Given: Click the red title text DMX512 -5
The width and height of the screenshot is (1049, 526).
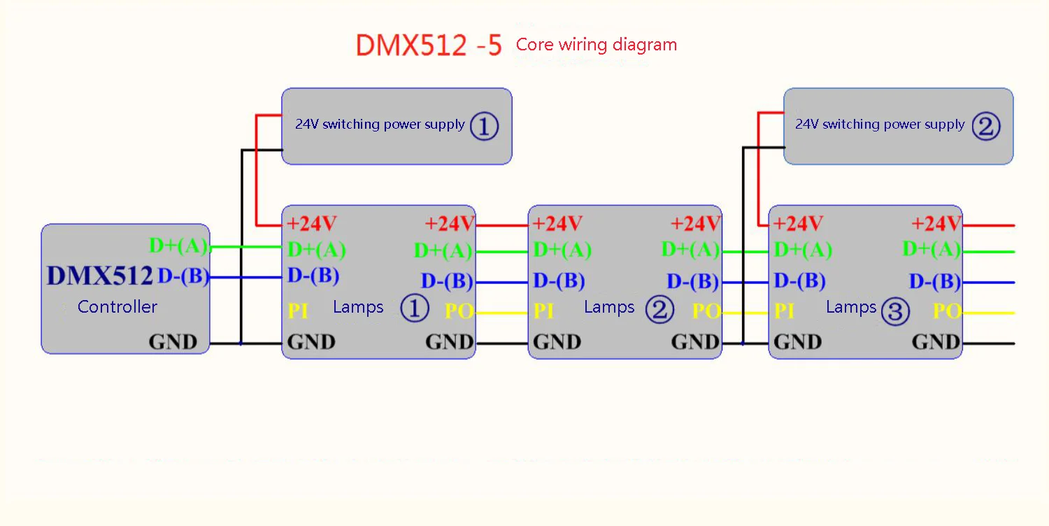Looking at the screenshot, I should click(x=429, y=45).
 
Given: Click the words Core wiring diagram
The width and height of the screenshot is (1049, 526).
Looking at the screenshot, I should click(x=596, y=45).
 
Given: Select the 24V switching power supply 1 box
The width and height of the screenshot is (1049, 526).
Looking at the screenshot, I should click(x=397, y=126).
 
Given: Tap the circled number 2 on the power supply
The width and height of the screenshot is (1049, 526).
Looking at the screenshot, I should click(x=985, y=126).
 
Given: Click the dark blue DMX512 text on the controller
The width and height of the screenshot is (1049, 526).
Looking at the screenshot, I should click(x=99, y=276).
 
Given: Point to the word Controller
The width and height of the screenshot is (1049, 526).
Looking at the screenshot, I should click(x=117, y=306).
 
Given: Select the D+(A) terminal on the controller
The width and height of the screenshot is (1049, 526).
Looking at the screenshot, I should click(x=179, y=246).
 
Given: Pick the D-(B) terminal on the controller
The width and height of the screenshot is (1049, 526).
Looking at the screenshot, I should click(x=183, y=277).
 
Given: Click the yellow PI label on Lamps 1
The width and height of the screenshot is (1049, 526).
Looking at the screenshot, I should click(x=298, y=311).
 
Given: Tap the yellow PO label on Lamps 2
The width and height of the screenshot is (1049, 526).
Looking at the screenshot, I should click(x=706, y=311).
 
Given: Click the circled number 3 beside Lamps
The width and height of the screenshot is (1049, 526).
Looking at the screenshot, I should click(x=895, y=311).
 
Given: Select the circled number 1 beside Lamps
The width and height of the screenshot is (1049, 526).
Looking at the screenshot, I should click(x=414, y=308).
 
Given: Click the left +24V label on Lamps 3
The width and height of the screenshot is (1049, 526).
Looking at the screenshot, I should click(x=799, y=224).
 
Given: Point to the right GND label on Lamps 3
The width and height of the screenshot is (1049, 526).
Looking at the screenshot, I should click(x=936, y=342).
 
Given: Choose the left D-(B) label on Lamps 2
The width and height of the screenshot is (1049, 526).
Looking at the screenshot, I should click(x=559, y=281).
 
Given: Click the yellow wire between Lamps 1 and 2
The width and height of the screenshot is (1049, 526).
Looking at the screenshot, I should click(x=501, y=313).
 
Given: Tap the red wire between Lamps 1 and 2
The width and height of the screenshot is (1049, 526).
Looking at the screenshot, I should click(x=501, y=225).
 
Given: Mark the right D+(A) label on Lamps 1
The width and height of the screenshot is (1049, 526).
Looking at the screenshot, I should click(x=443, y=250).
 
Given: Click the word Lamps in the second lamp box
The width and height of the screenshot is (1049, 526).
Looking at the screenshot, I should click(x=608, y=307).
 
